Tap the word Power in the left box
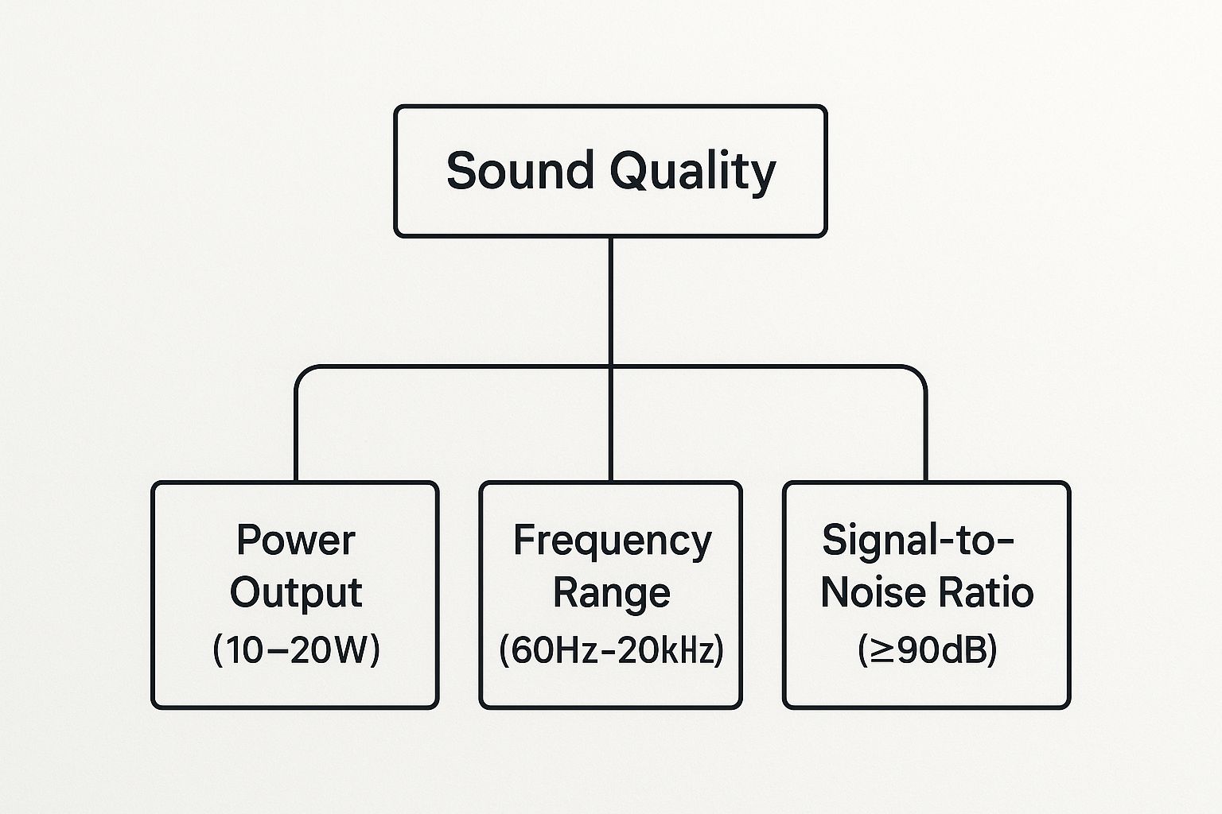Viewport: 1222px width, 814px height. click(296, 541)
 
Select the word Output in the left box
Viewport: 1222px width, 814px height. click(296, 593)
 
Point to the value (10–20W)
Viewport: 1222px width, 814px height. click(296, 650)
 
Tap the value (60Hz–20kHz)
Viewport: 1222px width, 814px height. click(611, 650)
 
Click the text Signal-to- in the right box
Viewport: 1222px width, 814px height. click(918, 541)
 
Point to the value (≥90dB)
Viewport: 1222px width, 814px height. click(927, 650)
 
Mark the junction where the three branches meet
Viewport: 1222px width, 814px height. click(611, 367)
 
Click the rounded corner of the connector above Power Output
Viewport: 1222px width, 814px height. click(302, 373)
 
